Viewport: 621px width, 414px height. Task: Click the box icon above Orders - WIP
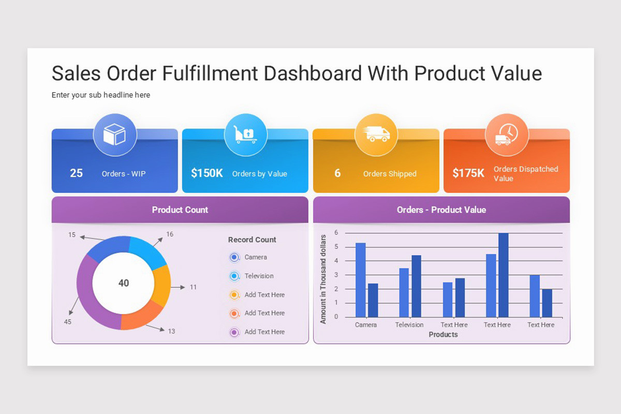point(114,135)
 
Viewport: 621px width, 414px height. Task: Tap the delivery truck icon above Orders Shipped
point(376,135)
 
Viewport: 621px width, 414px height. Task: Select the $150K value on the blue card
point(206,173)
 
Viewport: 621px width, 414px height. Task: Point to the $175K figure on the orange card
point(468,173)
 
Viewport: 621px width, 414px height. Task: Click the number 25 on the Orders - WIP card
point(76,173)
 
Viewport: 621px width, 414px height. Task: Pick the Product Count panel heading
point(180,210)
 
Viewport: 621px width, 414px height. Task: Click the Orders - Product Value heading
point(441,210)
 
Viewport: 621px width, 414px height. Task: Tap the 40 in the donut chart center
point(124,283)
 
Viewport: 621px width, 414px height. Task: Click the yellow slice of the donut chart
point(162,285)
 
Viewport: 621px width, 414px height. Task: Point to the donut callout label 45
point(67,322)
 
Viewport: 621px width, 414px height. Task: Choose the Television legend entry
point(259,276)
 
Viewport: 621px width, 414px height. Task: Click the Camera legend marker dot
point(234,257)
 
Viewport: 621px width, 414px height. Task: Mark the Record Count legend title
point(252,240)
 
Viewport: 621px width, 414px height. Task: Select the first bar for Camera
point(361,280)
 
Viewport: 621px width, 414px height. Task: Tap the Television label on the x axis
point(409,325)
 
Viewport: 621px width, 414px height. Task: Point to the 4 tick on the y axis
point(336,261)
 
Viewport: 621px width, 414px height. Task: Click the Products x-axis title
point(443,335)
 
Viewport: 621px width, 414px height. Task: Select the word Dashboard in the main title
point(313,73)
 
